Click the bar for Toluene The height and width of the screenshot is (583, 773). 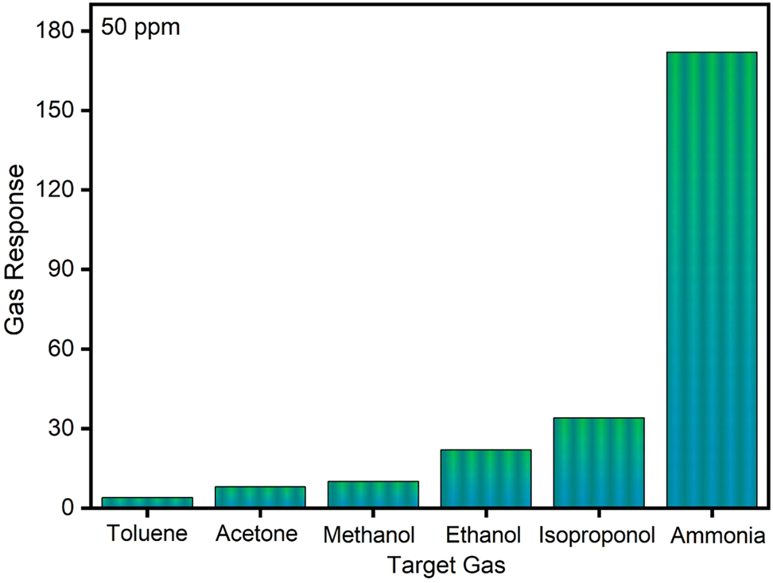click(147, 503)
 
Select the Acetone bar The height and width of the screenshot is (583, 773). click(260, 497)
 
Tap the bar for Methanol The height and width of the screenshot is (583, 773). click(373, 495)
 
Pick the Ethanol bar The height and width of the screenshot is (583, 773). click(486, 479)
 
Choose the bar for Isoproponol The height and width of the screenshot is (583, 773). click(599, 463)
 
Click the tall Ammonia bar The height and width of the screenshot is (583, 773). click(712, 280)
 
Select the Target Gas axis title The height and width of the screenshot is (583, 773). click(447, 566)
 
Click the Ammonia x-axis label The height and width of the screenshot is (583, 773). click(717, 535)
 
